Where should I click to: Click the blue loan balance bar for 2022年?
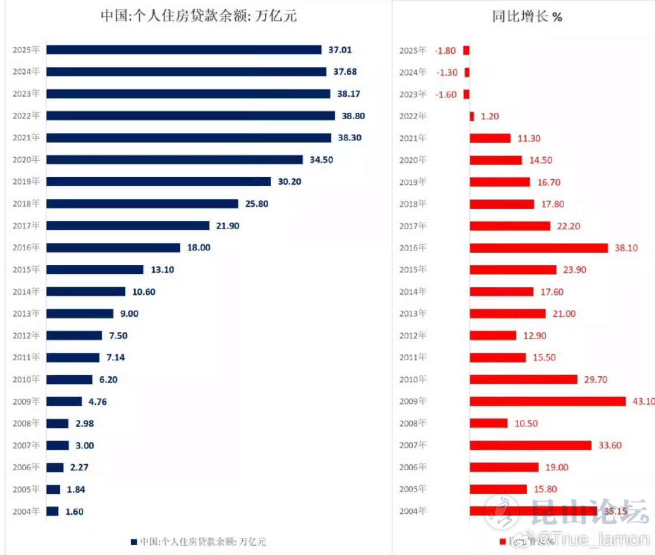190,116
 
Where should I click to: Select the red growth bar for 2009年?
547,401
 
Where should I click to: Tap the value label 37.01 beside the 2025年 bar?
339,50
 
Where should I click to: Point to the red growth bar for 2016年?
538,247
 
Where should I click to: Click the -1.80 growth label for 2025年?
445,50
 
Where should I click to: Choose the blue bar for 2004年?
53,511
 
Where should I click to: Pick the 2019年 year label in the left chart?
26,182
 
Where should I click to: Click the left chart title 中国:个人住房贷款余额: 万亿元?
199,16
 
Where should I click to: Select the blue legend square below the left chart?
134,542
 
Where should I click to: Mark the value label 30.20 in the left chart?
290,182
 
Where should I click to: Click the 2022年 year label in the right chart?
413,116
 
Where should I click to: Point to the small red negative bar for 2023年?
467,94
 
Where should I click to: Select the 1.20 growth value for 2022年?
489,116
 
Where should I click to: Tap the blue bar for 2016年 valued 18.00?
113,247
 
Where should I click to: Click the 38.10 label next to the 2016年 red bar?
627,247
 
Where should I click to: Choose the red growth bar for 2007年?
530,445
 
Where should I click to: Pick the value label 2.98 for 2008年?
84,423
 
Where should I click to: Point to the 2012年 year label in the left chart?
26,335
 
